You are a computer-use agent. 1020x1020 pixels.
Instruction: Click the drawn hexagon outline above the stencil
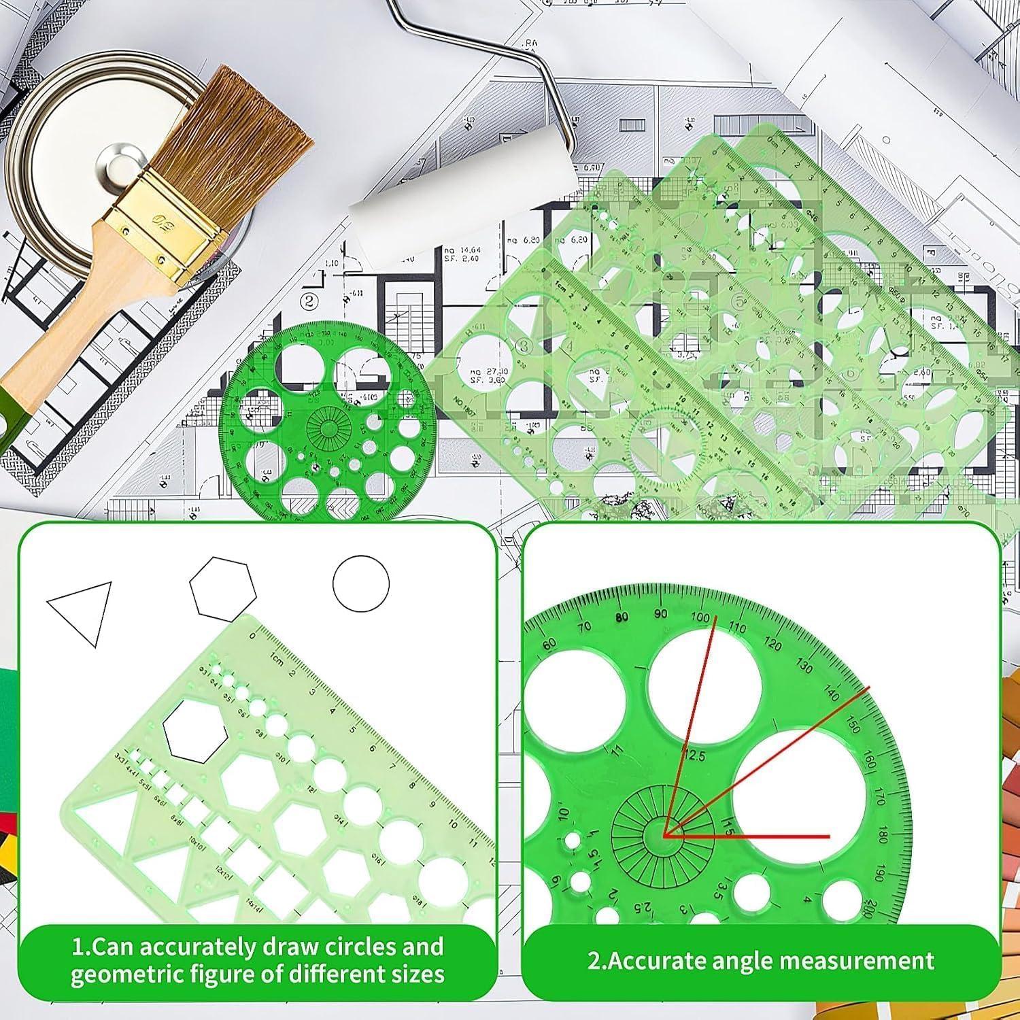[222, 589]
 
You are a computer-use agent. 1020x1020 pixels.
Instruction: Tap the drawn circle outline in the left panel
[360, 584]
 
